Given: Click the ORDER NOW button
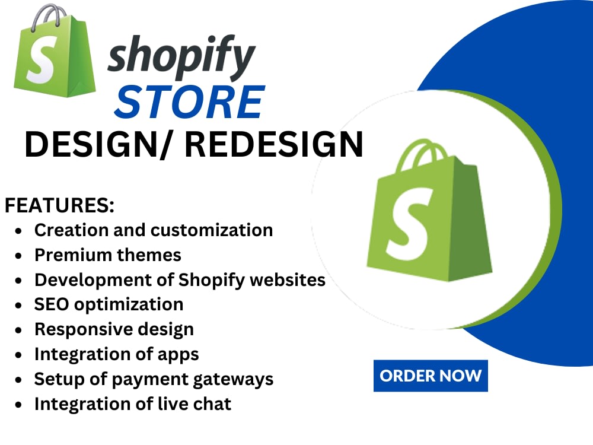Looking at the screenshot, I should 431,376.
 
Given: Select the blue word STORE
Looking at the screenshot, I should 189,102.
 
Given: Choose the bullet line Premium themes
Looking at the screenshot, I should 107,255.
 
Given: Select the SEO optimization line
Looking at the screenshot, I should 109,304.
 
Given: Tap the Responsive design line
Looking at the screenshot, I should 114,329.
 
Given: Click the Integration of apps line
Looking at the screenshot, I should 116,354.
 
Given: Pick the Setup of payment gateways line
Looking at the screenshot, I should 154,379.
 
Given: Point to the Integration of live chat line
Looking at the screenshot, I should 132,404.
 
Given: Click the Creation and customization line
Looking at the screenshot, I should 153,230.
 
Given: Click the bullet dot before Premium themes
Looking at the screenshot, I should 20,256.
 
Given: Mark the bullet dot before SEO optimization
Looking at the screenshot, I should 20,305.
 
